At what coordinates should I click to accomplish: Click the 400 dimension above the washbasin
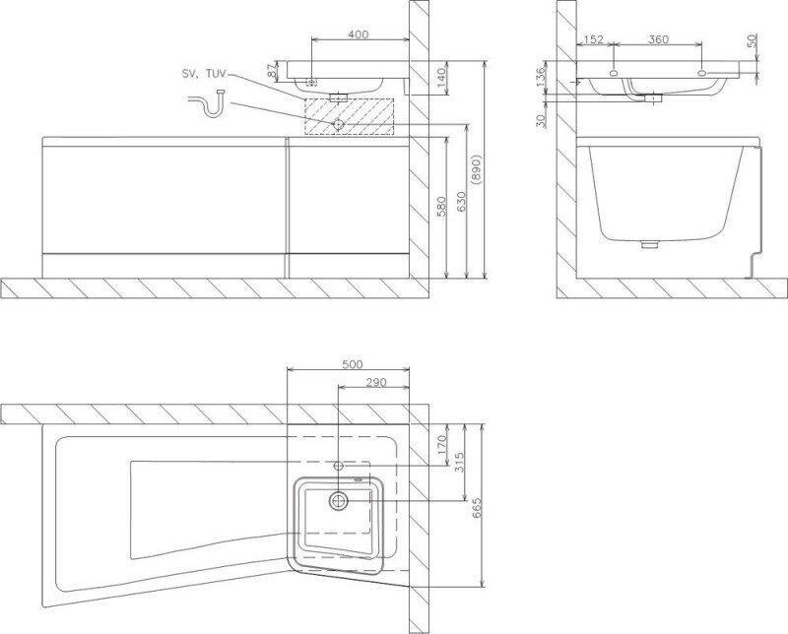pyautogui.click(x=359, y=34)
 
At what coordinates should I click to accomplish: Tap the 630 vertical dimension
pyautogui.click(x=458, y=203)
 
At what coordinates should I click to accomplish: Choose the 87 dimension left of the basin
pyautogui.click(x=272, y=71)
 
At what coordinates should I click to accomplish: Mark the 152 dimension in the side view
pyautogui.click(x=593, y=39)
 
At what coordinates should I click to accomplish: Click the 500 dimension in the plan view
pyautogui.click(x=350, y=362)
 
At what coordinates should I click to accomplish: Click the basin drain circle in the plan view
pyautogui.click(x=339, y=500)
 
